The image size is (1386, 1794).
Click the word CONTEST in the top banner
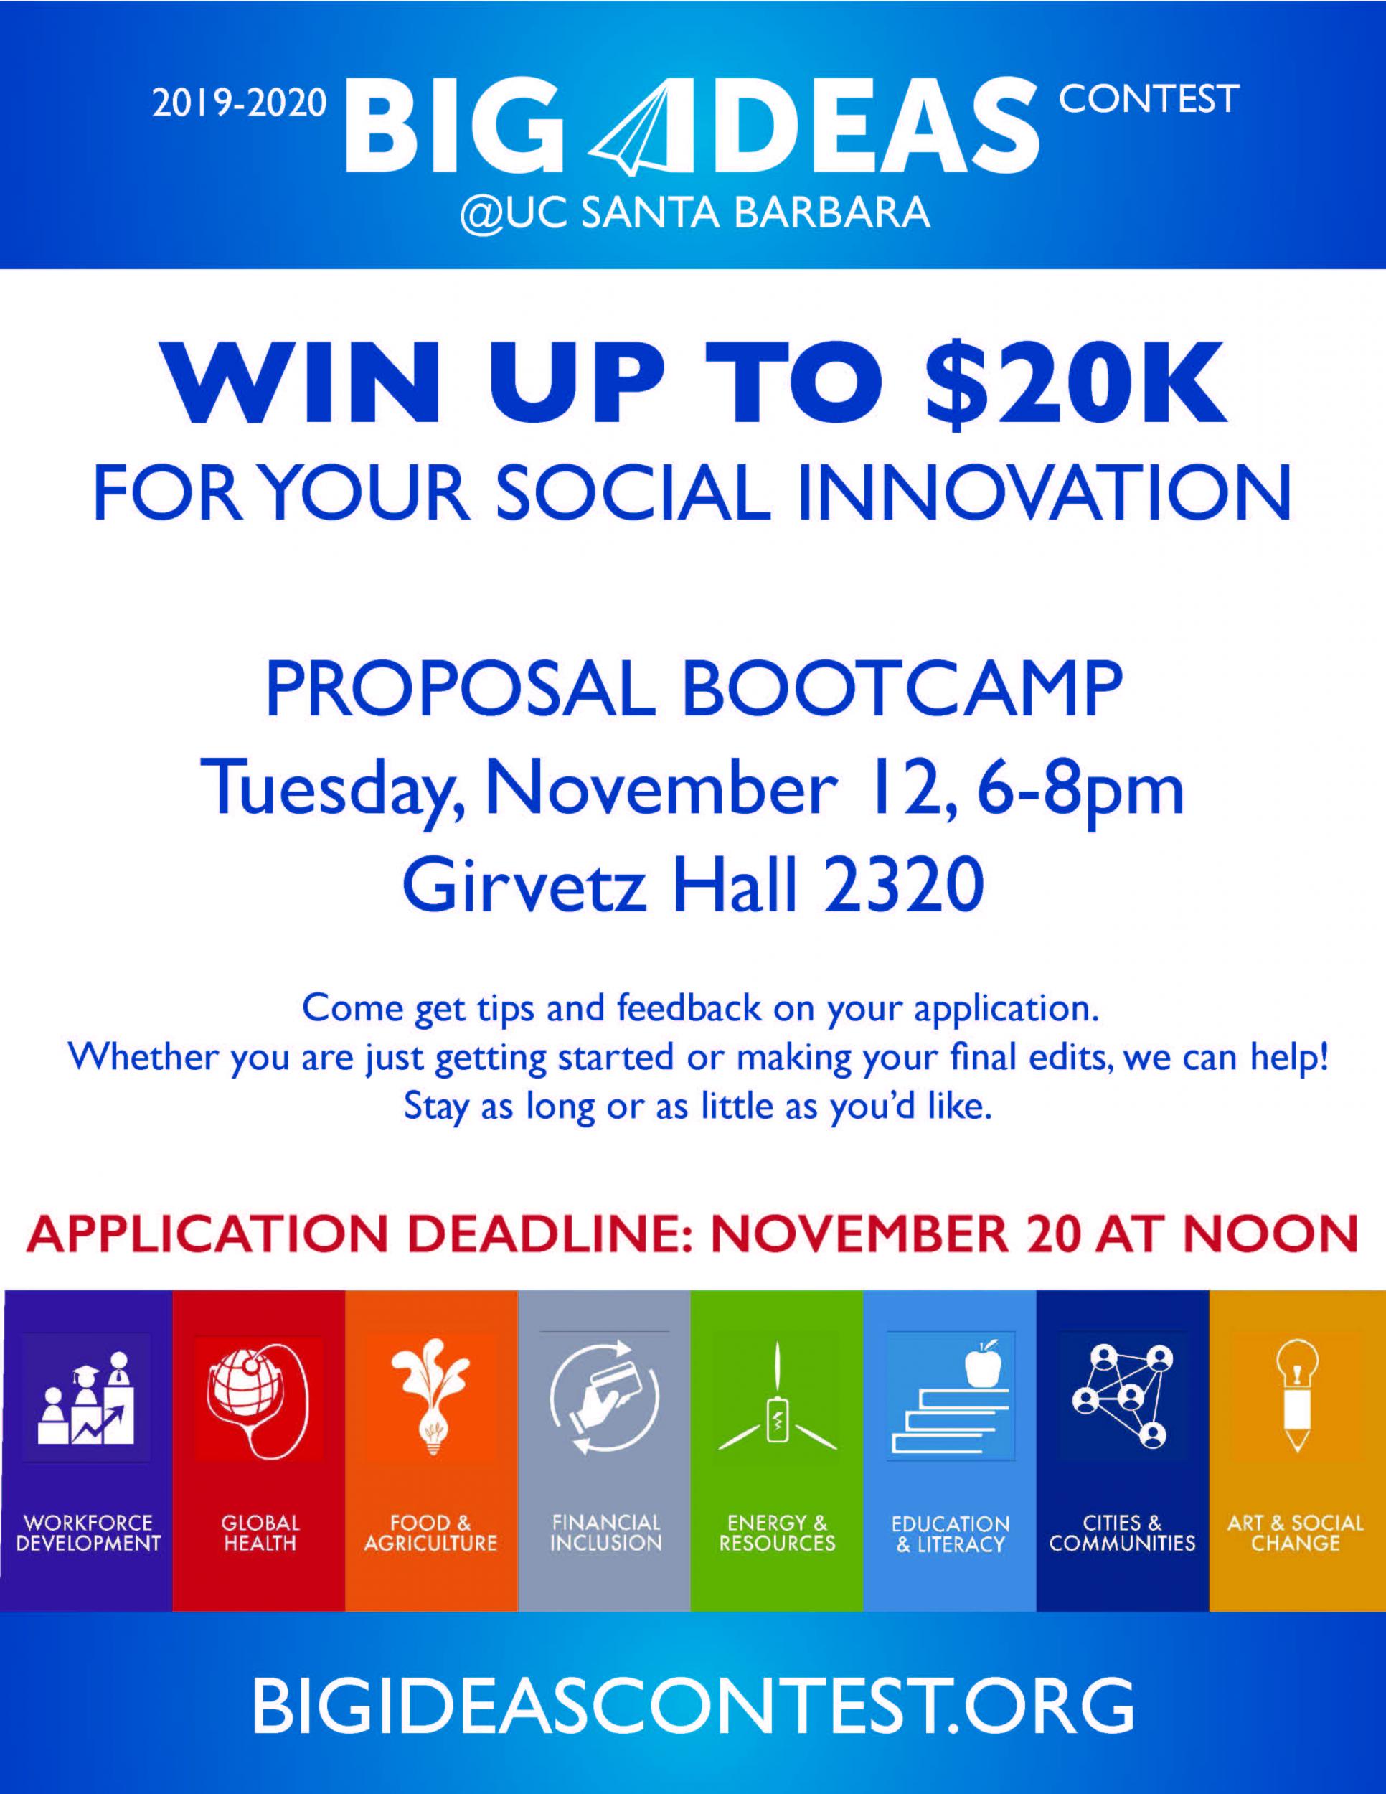(x=1149, y=98)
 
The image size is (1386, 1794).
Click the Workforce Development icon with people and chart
(x=86, y=1397)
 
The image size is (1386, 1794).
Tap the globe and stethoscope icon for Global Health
(x=259, y=1397)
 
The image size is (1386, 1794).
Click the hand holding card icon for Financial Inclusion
(x=603, y=1397)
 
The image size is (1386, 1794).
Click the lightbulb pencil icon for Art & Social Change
(x=1297, y=1396)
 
